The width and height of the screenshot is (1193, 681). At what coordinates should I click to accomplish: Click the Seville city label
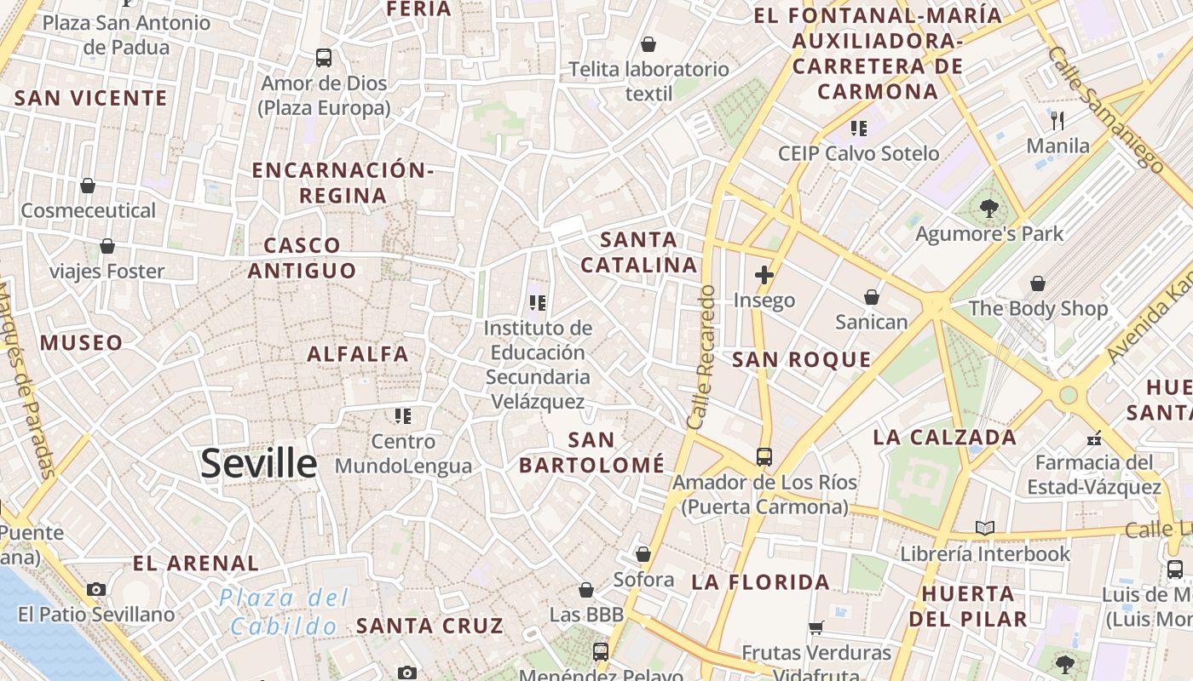tap(259, 464)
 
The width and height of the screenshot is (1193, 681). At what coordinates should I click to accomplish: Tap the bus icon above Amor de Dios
tap(324, 58)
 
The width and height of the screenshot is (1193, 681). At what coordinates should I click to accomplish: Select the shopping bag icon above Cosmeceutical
tap(88, 186)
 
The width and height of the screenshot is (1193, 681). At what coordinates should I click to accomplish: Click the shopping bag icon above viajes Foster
tap(107, 247)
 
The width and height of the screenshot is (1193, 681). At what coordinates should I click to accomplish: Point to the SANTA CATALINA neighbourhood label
tap(639, 252)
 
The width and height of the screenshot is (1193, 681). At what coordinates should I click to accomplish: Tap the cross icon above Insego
tap(764, 275)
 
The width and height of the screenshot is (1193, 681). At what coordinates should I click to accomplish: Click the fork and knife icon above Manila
tap(1058, 120)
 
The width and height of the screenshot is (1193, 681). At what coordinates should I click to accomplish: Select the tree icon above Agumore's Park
tap(989, 208)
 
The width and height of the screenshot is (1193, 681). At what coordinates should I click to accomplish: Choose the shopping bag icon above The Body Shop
tap(1038, 283)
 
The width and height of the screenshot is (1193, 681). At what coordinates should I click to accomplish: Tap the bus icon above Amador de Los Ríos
tap(764, 457)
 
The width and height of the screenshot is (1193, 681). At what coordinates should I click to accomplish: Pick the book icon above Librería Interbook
tap(985, 529)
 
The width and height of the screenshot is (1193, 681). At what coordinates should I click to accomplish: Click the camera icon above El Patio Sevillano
tap(96, 589)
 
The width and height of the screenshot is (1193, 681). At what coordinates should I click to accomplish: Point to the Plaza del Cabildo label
tap(284, 612)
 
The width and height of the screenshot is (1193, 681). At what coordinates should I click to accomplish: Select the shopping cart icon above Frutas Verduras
tap(816, 628)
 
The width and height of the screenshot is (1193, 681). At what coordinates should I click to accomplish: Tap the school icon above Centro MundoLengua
tap(403, 416)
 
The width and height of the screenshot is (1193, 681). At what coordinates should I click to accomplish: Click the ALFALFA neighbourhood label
tap(358, 354)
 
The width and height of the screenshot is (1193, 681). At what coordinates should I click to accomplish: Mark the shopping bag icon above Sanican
tap(872, 297)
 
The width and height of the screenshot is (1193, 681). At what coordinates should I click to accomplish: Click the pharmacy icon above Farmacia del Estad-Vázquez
tap(1094, 440)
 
